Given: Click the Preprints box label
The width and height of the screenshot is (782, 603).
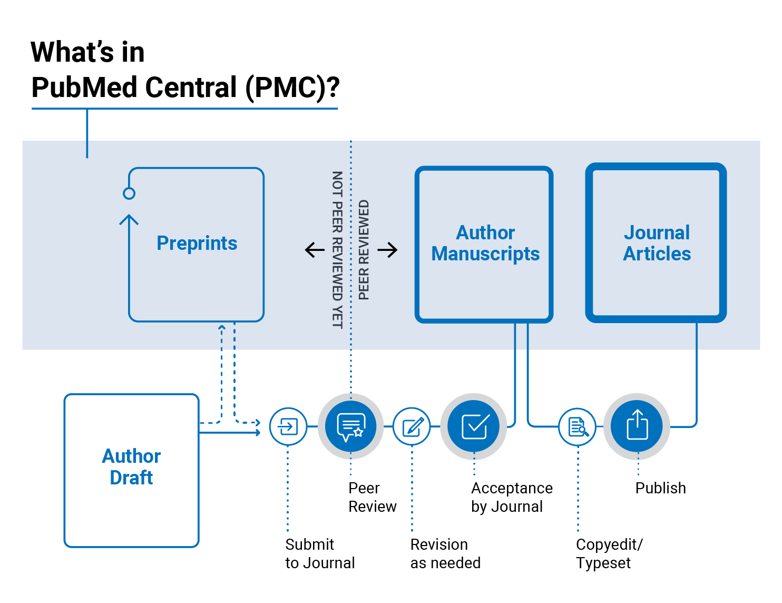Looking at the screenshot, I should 197,244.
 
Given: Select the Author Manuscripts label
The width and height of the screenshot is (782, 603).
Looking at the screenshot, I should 485,244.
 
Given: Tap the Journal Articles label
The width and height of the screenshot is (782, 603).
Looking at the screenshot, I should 657,244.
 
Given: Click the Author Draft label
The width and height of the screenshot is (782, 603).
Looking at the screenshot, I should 131,467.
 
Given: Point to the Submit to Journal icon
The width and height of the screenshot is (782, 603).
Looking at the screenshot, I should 288,426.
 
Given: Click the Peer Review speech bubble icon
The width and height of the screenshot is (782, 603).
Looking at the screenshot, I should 351,426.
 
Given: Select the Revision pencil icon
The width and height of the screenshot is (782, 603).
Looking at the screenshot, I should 412,426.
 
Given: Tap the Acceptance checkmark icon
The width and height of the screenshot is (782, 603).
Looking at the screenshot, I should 474,426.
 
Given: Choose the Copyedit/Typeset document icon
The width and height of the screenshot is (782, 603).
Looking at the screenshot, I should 578,426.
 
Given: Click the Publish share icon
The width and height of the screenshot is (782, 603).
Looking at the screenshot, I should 637,426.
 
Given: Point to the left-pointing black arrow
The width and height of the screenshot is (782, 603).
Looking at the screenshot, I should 315,250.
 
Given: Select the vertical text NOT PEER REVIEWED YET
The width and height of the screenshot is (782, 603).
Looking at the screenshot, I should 337,250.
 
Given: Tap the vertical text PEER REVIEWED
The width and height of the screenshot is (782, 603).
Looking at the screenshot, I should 364,250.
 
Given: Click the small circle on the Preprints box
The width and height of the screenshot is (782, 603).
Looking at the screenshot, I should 129,193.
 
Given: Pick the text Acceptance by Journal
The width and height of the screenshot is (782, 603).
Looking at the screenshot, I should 512,498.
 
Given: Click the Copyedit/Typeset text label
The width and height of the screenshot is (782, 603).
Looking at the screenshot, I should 609,553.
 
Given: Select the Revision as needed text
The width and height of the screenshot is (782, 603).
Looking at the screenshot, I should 445,553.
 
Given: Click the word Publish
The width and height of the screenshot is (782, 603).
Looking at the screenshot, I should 661,488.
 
